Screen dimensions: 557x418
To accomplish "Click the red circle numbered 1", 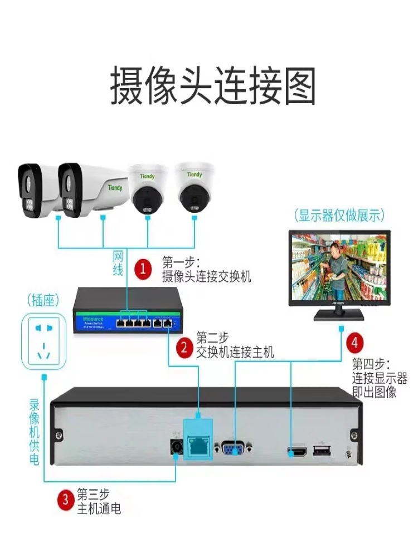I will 143,269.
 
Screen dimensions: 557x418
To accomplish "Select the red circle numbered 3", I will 65,500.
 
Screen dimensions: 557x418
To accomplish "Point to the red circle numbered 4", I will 355,341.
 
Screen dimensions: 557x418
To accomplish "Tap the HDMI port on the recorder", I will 297,452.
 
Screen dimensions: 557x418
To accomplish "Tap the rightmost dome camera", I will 195,188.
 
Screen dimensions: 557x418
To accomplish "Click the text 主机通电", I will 99,508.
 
